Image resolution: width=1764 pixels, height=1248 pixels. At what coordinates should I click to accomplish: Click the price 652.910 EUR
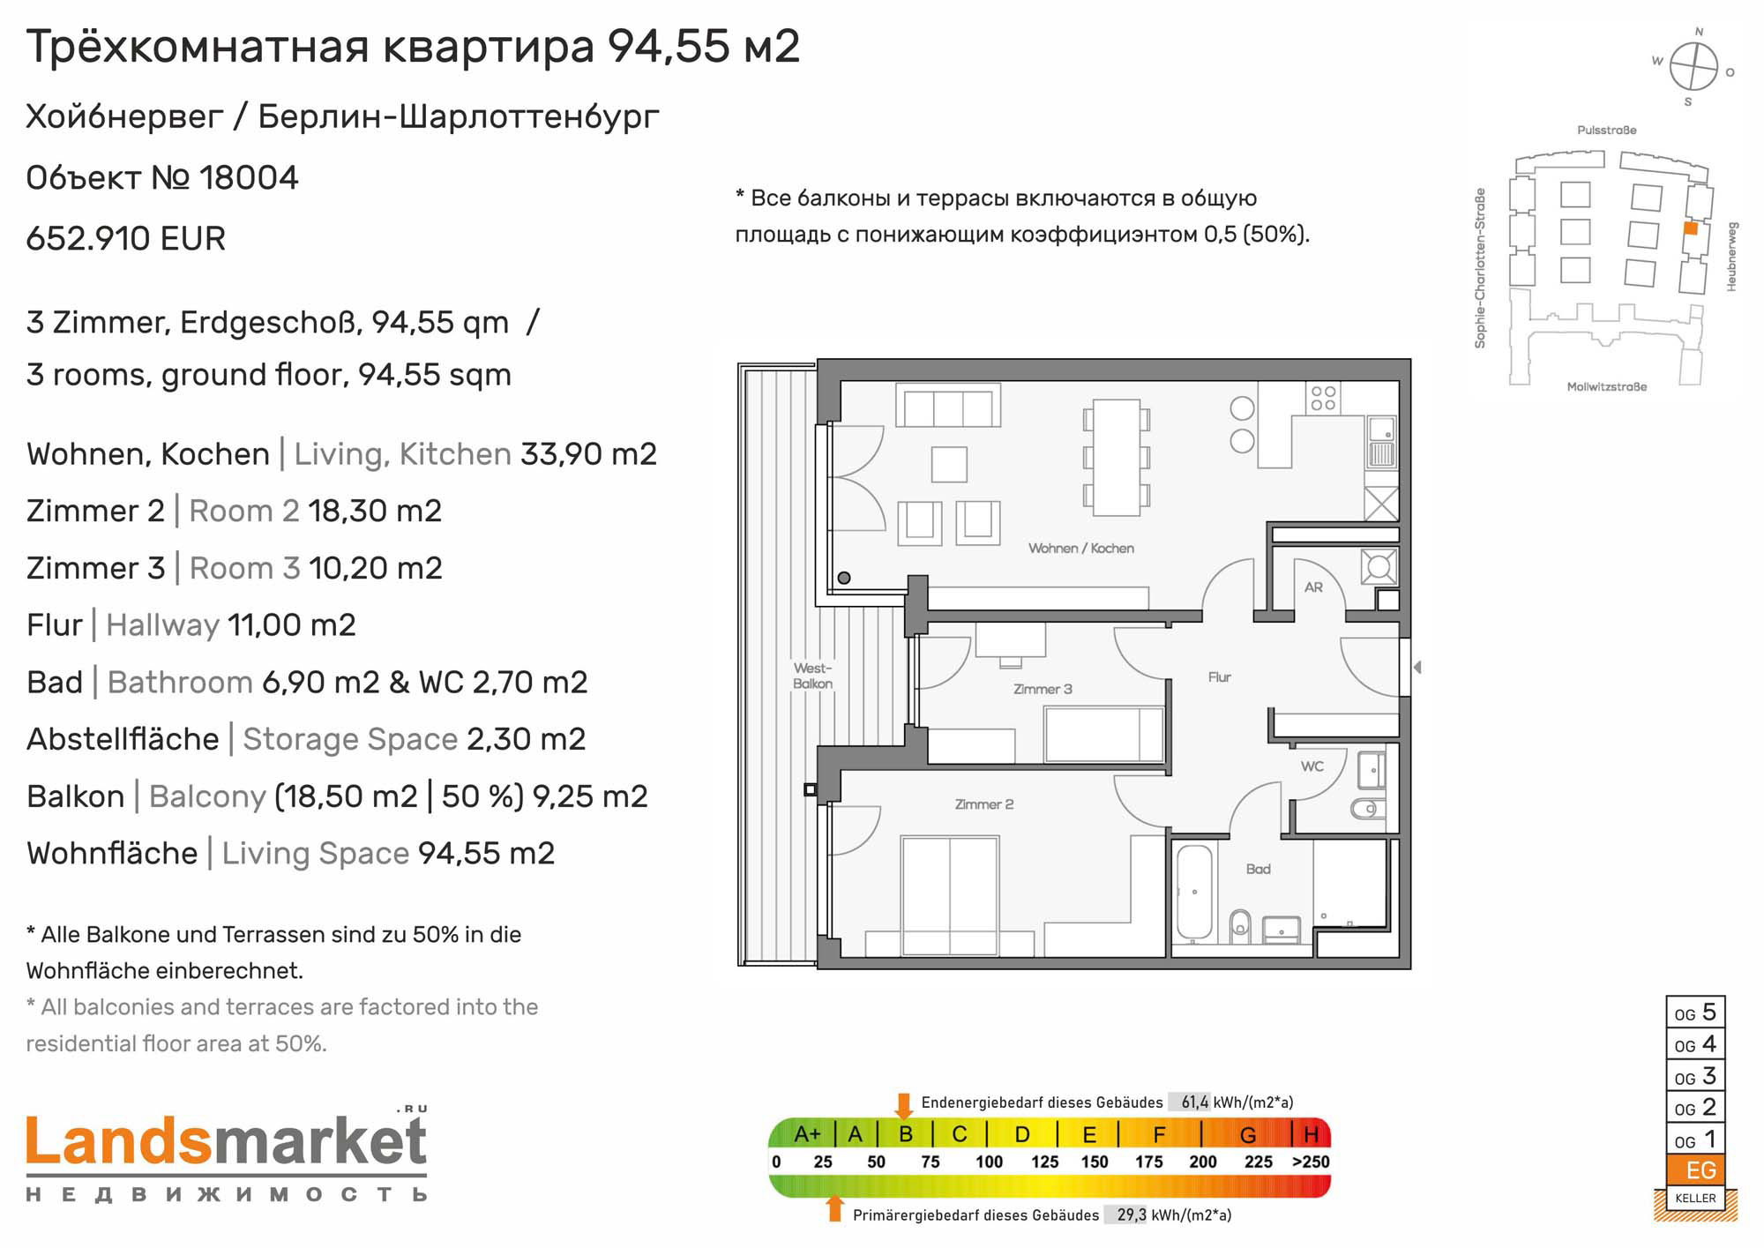tap(126, 239)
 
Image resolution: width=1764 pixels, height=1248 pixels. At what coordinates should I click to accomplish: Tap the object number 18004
tap(249, 178)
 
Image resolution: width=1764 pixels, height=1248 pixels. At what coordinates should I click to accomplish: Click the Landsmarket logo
tap(227, 1155)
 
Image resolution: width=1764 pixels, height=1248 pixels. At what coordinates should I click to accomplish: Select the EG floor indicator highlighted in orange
tap(1695, 1170)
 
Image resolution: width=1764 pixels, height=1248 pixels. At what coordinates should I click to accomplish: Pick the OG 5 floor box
tap(1695, 1013)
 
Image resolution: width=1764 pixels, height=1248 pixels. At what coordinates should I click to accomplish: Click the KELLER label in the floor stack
tap(1695, 1198)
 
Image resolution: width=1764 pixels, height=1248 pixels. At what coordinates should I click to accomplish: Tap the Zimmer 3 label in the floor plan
tap(1043, 689)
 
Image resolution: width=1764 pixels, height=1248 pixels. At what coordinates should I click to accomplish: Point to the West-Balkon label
tap(812, 676)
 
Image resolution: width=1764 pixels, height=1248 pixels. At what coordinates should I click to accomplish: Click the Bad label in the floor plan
tap(1259, 869)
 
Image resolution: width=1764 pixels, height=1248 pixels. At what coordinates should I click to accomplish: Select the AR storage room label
tap(1313, 587)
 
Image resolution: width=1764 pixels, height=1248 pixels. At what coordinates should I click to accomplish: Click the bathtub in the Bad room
tap(1194, 893)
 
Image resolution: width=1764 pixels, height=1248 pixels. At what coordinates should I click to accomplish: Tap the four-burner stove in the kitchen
tap(1323, 398)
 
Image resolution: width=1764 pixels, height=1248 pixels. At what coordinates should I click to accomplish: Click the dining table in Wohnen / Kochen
tap(1117, 458)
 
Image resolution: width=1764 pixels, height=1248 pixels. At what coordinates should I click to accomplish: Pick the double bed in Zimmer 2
tap(950, 895)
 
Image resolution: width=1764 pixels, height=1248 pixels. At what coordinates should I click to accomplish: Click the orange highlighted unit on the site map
tap(1691, 228)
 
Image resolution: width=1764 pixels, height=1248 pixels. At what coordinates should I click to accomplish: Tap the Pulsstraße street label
tap(1607, 131)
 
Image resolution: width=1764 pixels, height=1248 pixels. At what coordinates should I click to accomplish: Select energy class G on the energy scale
tap(1248, 1135)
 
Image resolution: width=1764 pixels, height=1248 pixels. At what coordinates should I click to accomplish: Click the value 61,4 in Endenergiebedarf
tap(1195, 1102)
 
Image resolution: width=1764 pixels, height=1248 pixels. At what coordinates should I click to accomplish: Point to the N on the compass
tap(1699, 32)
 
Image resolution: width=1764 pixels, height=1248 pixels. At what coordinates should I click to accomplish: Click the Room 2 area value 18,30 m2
tap(375, 512)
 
